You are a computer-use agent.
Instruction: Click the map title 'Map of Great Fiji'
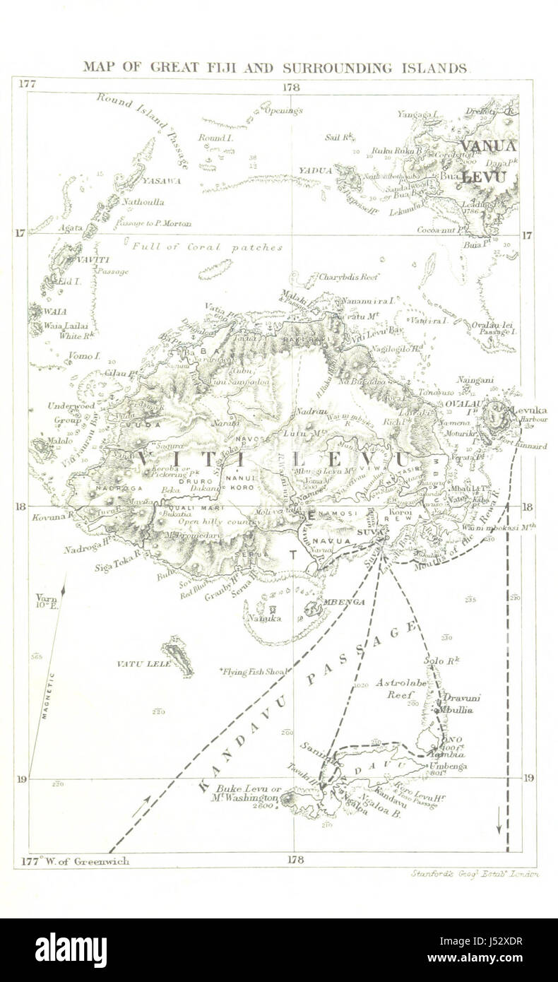pyautogui.click(x=275, y=68)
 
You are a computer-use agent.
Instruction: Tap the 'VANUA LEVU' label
pyautogui.click(x=487, y=161)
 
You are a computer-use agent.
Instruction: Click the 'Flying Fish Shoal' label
pyautogui.click(x=256, y=671)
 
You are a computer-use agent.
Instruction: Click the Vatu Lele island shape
pyautogui.click(x=177, y=656)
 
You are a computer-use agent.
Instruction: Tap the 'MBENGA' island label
pyautogui.click(x=344, y=602)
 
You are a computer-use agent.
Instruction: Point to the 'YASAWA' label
pyautogui.click(x=161, y=181)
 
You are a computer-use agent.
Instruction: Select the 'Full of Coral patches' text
pyautogui.click(x=207, y=247)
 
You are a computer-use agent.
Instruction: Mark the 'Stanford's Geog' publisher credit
pyautogui.click(x=475, y=874)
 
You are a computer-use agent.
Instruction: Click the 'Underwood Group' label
pyautogui.click(x=71, y=413)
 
